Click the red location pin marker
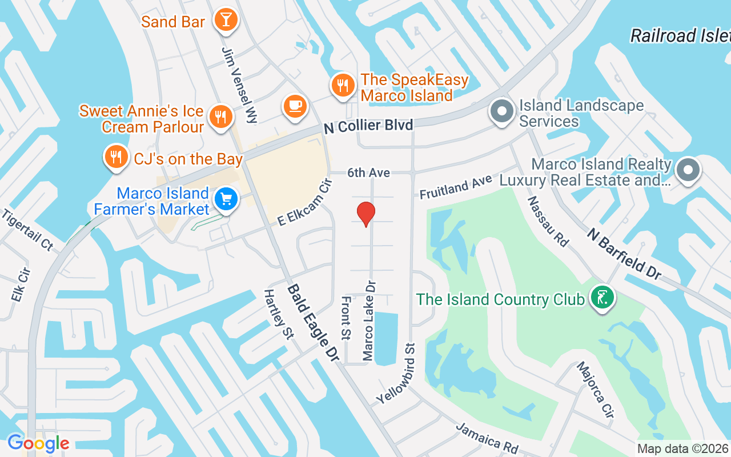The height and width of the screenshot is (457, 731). [x=365, y=214]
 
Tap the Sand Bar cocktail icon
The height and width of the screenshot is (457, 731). [x=226, y=20]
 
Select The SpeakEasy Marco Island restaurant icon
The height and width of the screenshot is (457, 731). [x=343, y=86]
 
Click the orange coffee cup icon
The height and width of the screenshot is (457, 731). [x=295, y=106]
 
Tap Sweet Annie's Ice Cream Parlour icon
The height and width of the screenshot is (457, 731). [x=219, y=116]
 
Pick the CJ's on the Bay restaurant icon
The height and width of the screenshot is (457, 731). [x=116, y=157]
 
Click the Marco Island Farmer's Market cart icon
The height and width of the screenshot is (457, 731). [x=226, y=199]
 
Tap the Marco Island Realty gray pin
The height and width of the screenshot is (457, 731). [x=688, y=170]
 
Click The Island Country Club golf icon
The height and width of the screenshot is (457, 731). [x=601, y=298]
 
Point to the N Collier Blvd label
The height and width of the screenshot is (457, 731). [x=368, y=126]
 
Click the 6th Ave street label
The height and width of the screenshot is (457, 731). [x=369, y=173]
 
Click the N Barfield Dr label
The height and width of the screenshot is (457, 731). [x=624, y=254]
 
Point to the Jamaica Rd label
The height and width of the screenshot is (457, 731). [x=479, y=438]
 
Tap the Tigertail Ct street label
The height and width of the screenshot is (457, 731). [x=27, y=230]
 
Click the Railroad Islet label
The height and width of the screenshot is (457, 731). [x=680, y=36]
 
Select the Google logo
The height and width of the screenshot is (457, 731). [x=38, y=443]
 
